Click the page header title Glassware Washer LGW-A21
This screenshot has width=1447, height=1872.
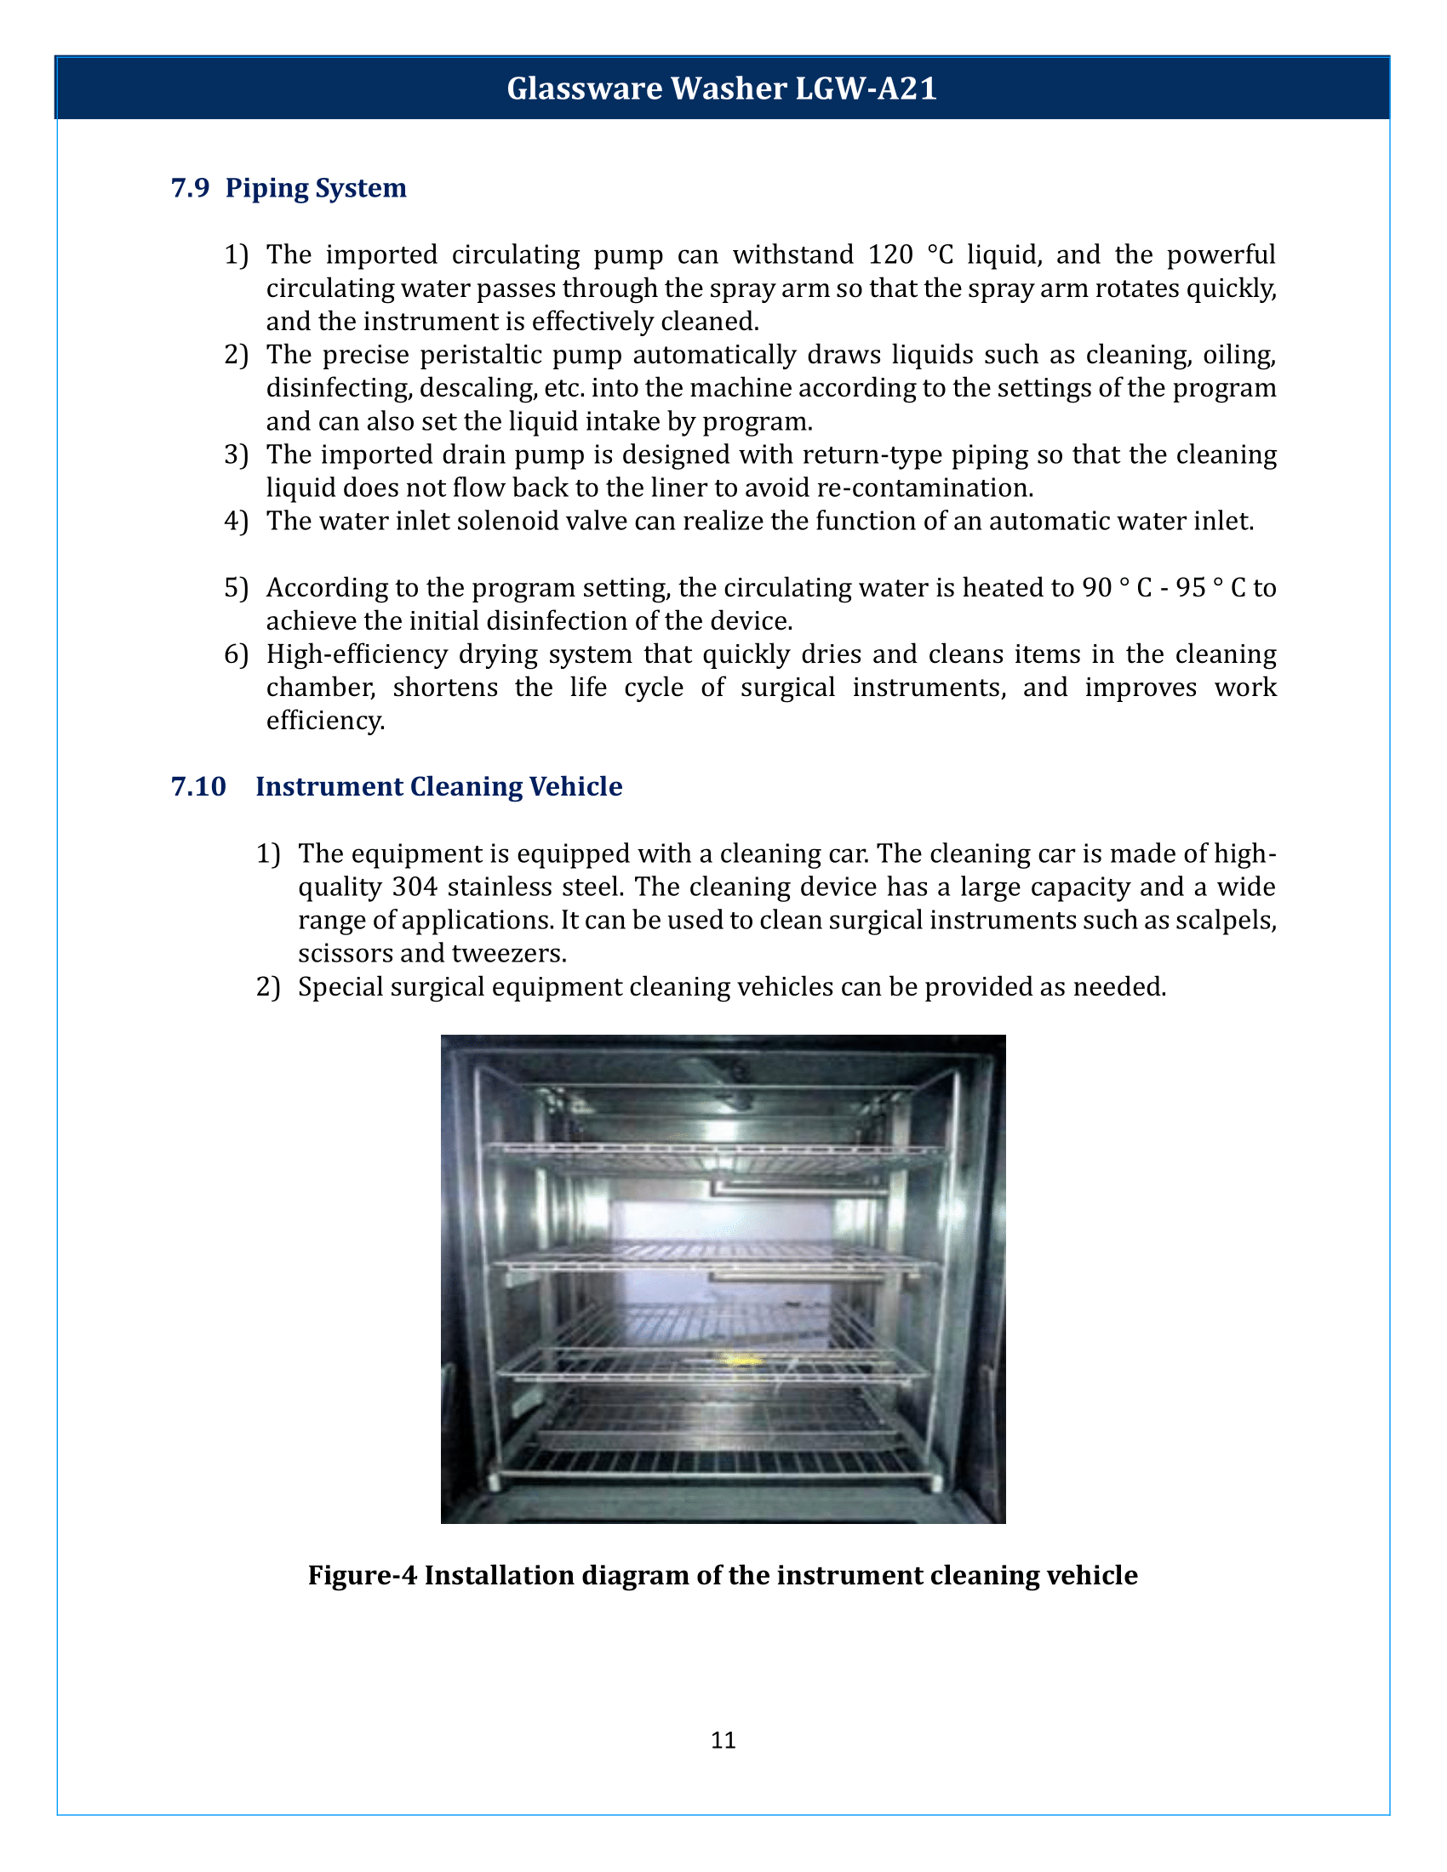(722, 88)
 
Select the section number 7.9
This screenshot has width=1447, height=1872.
(190, 188)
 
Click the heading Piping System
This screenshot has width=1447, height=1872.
(316, 188)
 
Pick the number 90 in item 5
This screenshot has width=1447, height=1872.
(1096, 588)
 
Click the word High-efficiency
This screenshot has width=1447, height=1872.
(357, 654)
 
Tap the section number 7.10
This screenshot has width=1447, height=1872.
(198, 786)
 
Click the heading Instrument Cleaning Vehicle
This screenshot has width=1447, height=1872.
(439, 786)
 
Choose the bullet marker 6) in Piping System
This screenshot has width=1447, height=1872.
(236, 655)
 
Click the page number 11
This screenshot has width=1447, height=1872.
(723, 1740)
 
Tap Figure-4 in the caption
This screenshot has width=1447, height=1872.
(362, 1575)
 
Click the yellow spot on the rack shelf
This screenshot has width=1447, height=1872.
(740, 1361)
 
